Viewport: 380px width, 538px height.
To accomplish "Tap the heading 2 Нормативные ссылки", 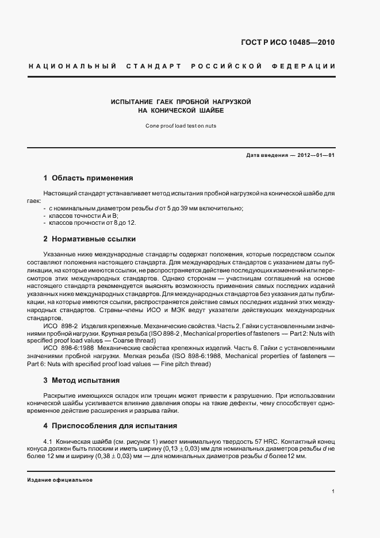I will point(89,239).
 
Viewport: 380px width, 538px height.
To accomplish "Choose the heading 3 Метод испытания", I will point(81,380).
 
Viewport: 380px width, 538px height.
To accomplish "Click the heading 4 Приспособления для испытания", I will point(110,426).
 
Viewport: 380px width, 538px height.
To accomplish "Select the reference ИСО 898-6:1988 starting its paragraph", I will point(68,348).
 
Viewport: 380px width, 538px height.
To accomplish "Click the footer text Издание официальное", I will point(60,479).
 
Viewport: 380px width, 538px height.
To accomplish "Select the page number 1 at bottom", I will point(333,491).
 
